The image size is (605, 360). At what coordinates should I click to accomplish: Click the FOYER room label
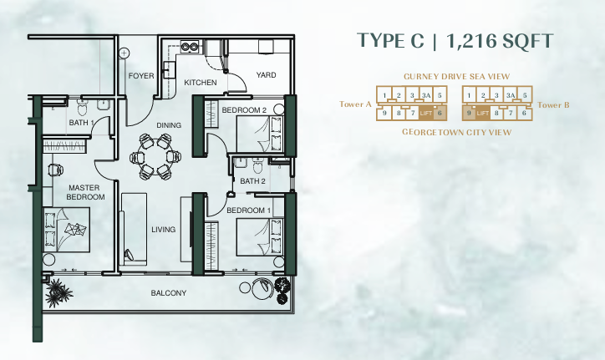[x=141, y=76]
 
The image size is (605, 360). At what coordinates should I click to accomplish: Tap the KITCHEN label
[x=201, y=83]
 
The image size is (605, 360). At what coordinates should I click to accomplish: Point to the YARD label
[x=266, y=75]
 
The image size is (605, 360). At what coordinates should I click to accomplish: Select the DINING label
[x=169, y=125]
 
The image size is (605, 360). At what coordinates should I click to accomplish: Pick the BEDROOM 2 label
[x=244, y=110]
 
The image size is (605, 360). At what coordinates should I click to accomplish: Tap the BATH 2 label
[x=252, y=180]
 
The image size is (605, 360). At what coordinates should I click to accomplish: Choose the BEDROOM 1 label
[x=249, y=210]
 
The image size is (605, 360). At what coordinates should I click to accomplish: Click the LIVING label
[x=163, y=229]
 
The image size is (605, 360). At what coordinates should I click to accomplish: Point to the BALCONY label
[x=168, y=293]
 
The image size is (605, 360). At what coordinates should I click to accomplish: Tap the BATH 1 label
[x=79, y=123]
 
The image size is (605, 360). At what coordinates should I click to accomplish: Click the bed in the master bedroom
[x=69, y=227]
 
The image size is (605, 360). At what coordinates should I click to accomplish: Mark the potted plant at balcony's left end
[x=58, y=292]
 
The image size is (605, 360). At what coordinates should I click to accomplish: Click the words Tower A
[x=356, y=104]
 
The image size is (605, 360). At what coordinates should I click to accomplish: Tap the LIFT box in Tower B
[x=483, y=112]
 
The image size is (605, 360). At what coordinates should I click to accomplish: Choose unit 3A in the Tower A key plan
[x=426, y=96]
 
